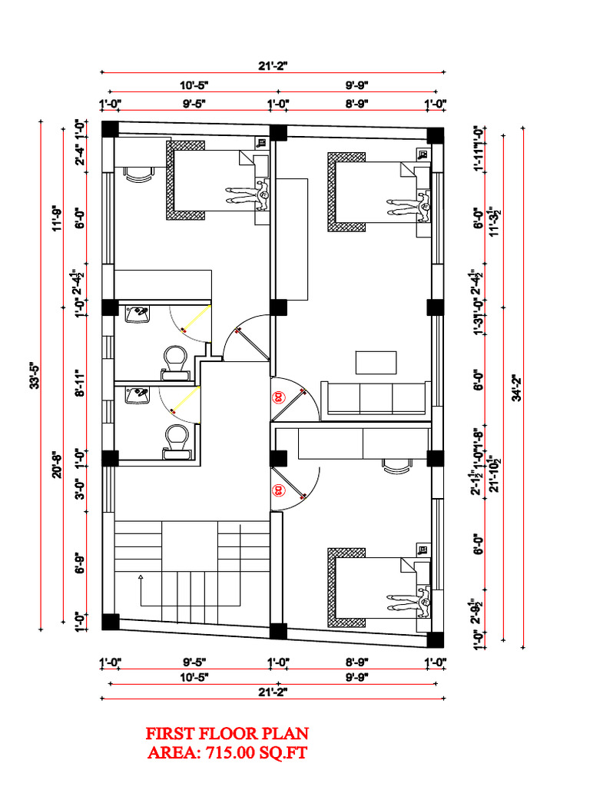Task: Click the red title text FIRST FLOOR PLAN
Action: [x=227, y=733]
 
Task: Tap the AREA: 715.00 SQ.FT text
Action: [x=227, y=753]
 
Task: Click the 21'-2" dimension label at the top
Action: [x=272, y=65]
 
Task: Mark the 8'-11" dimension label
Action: [x=79, y=382]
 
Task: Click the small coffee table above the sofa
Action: [x=376, y=362]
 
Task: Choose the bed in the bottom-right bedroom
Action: [x=373, y=588]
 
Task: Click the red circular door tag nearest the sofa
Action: [x=278, y=397]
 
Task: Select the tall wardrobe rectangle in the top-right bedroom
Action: [x=293, y=238]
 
